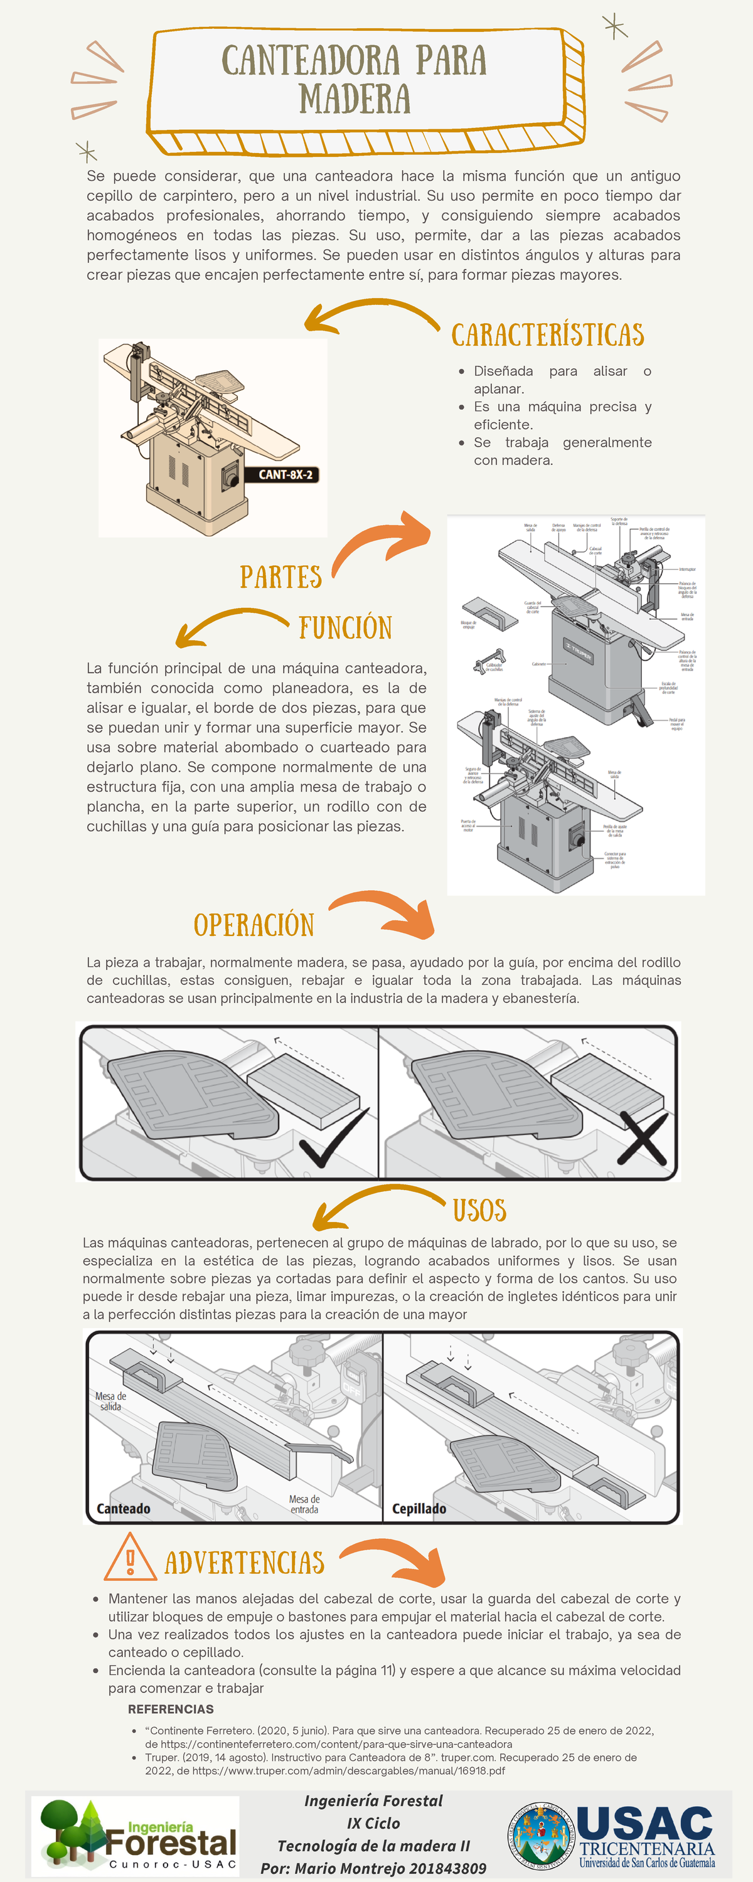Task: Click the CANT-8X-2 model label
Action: point(285,475)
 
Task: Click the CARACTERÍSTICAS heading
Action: point(548,336)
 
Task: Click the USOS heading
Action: point(479,1211)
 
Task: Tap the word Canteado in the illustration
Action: point(124,1509)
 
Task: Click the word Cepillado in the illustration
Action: point(419,1509)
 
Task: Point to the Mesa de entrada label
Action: point(304,1504)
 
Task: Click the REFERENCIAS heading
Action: point(171,1709)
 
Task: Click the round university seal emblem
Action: point(541,1833)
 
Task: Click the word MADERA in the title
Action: point(355,99)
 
